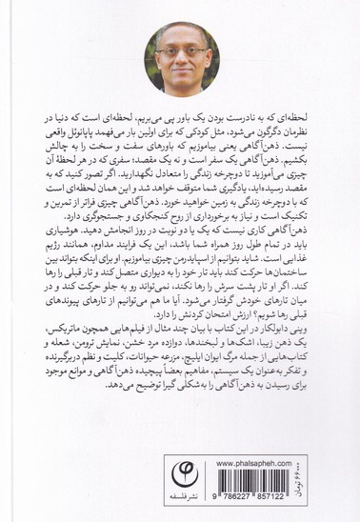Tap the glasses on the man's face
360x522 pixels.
[x=182, y=49]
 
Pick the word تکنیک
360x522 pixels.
[x=306, y=216]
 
